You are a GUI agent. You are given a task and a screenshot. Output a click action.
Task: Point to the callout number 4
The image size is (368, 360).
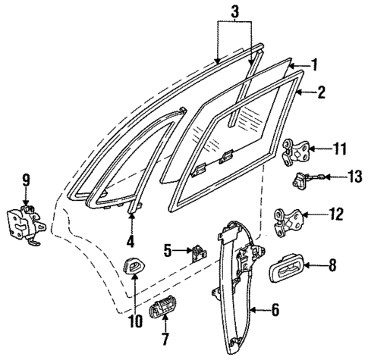(131, 243)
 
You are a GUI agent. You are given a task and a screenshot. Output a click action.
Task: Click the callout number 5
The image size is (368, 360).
(168, 248)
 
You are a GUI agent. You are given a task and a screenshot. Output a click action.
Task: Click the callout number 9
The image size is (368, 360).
(26, 180)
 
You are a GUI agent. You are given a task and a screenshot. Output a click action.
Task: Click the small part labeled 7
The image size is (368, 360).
(159, 311)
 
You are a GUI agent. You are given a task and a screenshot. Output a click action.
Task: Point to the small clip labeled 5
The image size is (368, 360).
(198, 251)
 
